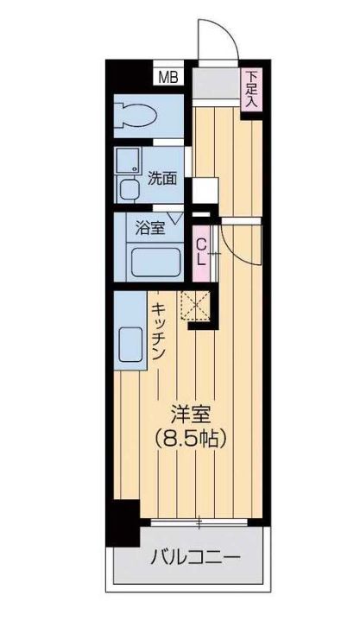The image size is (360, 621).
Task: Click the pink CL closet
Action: pos(201,250)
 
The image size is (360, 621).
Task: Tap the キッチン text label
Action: pos(160,333)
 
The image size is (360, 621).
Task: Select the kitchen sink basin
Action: pos(132,344)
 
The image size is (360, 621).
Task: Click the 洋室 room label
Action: pos(190,413)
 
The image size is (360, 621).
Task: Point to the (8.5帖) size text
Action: pos(190,438)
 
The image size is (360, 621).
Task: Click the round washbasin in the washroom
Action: pos(129,191)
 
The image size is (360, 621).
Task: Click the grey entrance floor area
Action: pos(215,87)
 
